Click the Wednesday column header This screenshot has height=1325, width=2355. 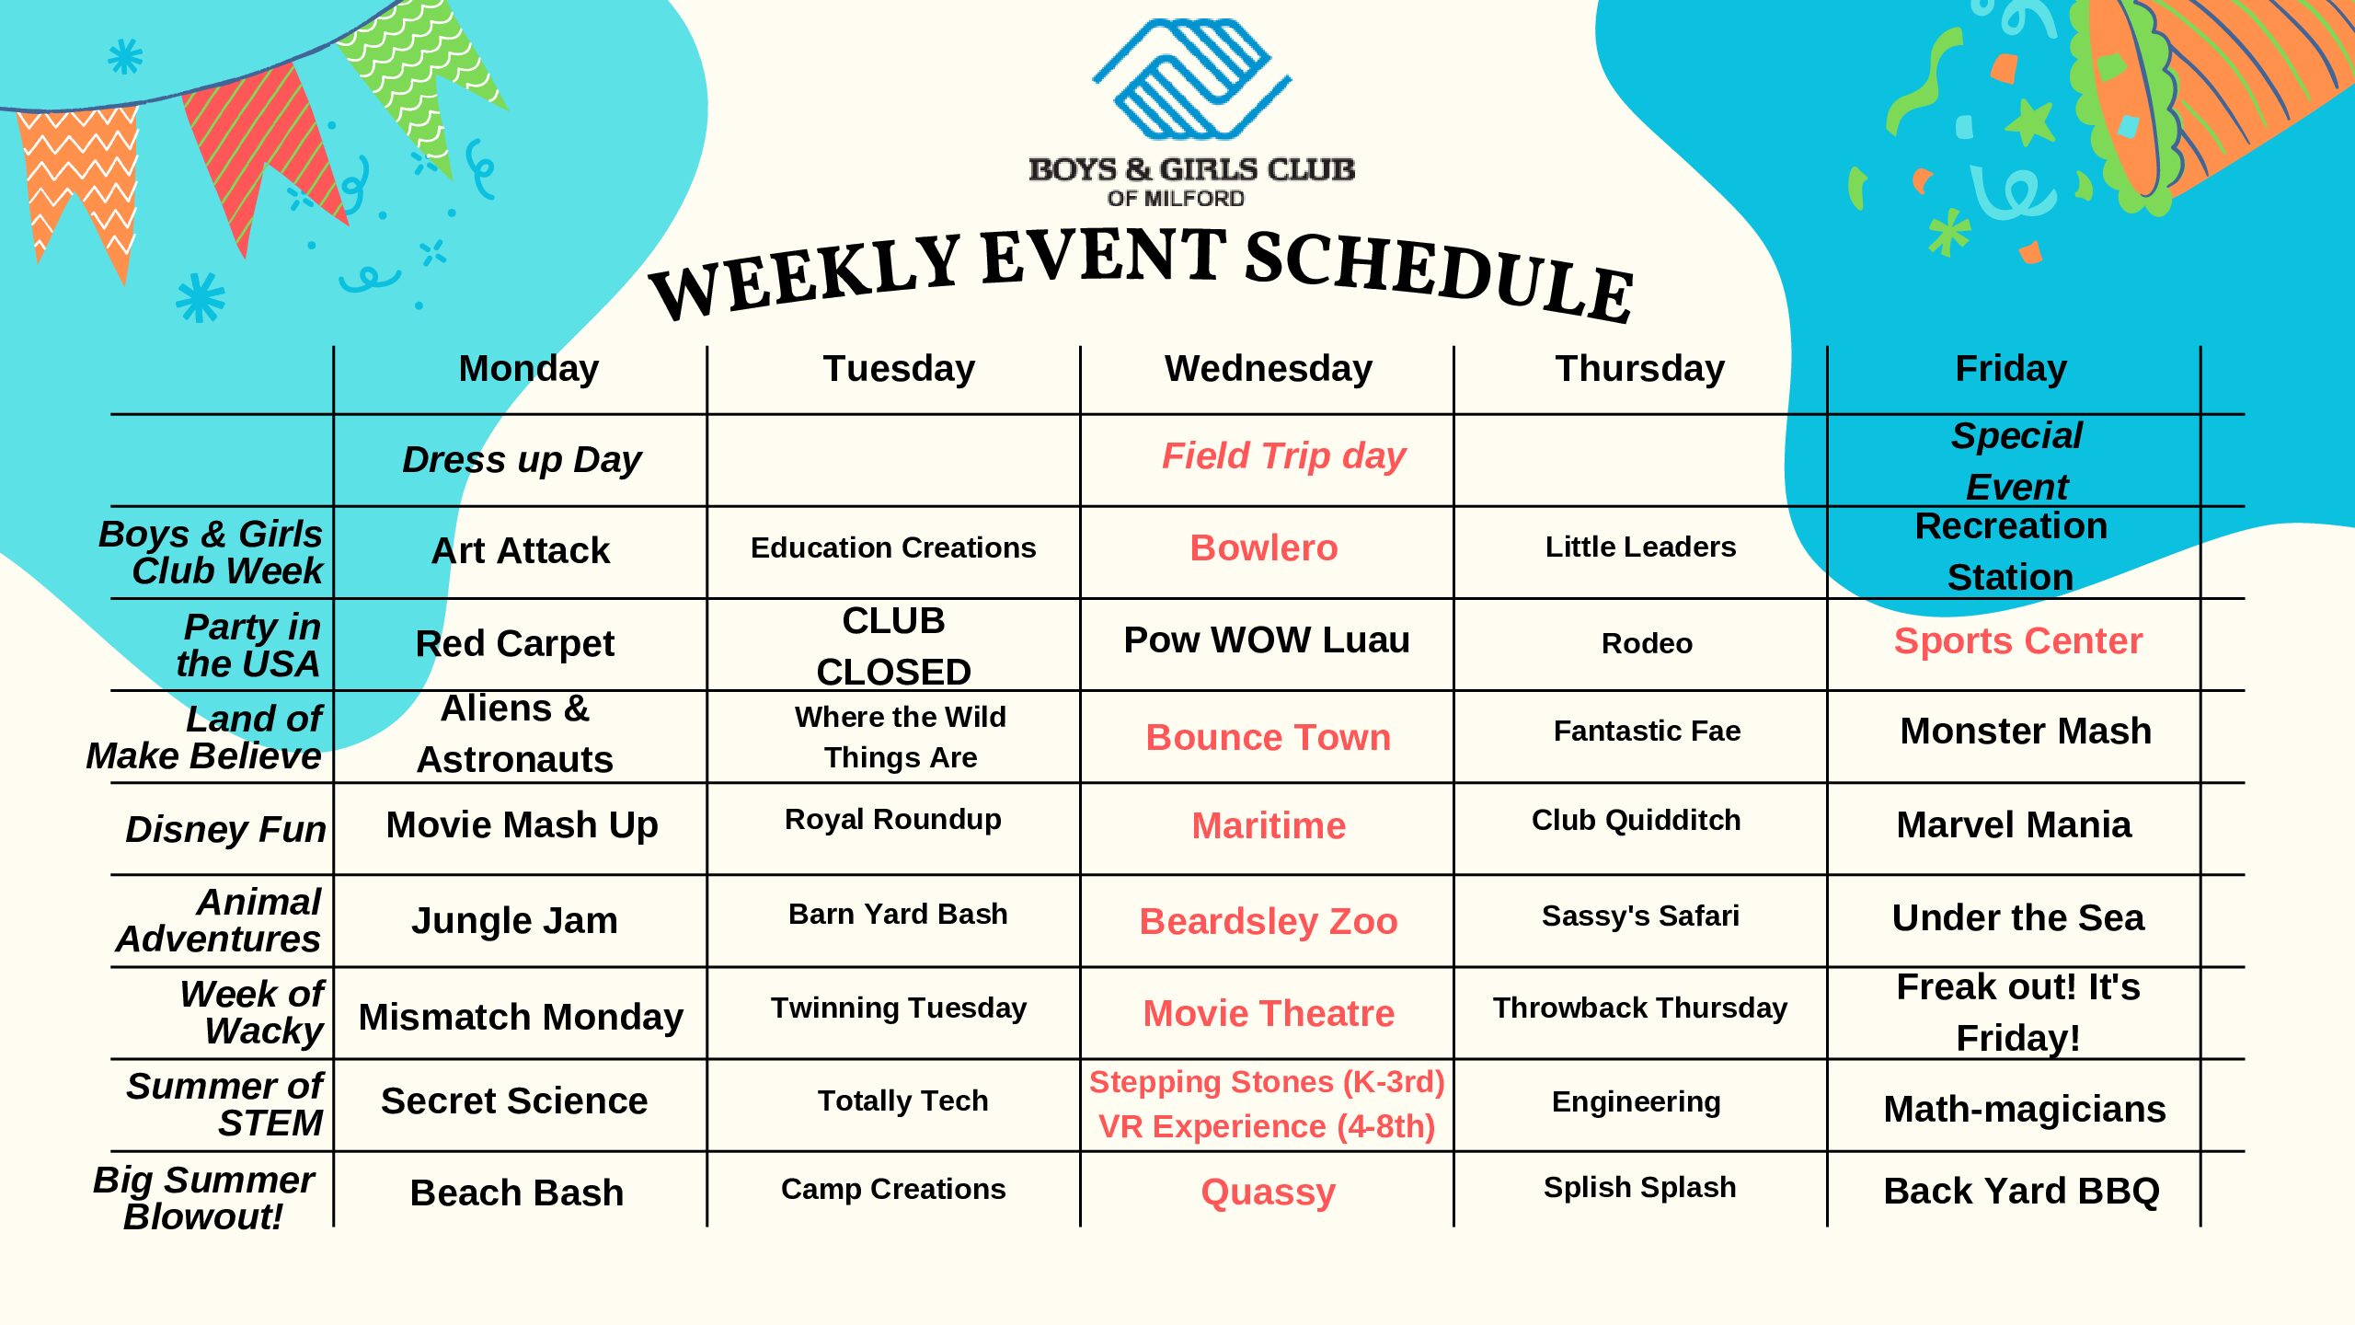click(1268, 368)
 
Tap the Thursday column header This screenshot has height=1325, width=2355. click(1639, 368)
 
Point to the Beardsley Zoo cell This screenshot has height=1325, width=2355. click(1269, 921)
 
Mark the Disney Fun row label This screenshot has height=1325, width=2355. click(225, 829)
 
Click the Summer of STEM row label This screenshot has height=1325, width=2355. click(225, 1104)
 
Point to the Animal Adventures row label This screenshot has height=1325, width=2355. click(219, 920)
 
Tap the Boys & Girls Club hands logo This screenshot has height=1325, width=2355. click(1192, 78)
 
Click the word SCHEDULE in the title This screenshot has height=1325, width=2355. click(1440, 275)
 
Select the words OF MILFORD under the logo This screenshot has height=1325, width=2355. click(1176, 198)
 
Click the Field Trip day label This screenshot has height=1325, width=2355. click(1283, 456)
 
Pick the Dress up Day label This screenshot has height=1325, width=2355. click(522, 459)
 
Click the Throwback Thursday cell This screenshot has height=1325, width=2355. click(1639, 1008)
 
